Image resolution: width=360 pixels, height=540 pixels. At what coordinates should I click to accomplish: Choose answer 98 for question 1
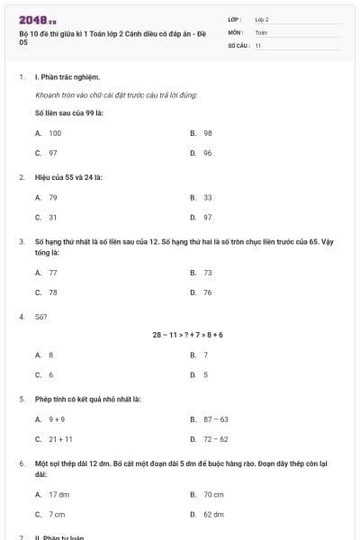[x=207, y=132]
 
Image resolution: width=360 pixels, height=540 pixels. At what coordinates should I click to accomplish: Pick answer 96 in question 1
[x=207, y=153]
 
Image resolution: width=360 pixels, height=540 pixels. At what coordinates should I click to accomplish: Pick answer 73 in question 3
[x=207, y=272]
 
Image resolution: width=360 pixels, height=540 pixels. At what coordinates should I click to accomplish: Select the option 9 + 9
[x=57, y=418]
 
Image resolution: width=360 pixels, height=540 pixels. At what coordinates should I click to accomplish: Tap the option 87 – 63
[x=215, y=418]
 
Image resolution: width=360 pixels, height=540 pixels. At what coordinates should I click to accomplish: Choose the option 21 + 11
[x=60, y=439]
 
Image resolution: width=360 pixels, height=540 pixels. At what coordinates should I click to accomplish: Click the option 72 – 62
[x=215, y=439]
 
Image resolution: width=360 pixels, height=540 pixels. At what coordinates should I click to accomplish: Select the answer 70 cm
[x=213, y=494]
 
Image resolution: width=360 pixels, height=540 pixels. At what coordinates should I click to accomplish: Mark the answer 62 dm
[x=213, y=515]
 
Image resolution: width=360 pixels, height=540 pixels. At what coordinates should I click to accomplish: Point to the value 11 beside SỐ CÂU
[x=258, y=45]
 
